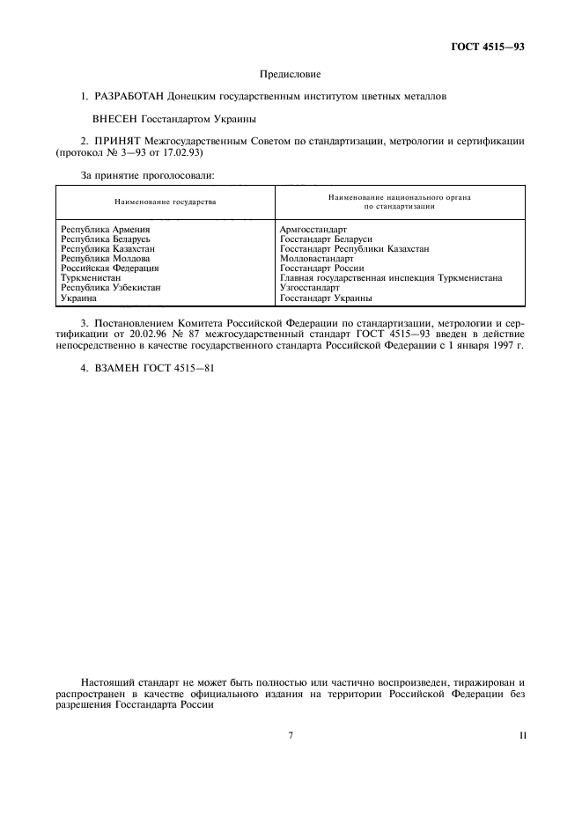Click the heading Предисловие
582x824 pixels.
click(x=291, y=75)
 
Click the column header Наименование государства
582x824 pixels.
click(x=165, y=202)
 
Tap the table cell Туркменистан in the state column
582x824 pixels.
click(x=90, y=278)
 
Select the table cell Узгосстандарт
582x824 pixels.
click(x=309, y=288)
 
